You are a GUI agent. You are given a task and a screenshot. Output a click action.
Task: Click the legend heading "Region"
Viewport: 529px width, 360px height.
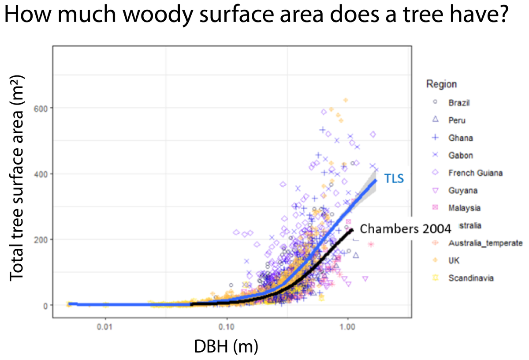441,84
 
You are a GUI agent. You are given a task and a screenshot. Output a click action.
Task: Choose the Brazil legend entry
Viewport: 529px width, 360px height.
458,102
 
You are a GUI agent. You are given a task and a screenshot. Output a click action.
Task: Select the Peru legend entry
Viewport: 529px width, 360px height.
457,120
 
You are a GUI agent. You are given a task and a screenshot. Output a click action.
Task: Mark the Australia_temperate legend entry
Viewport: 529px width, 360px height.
485,243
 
